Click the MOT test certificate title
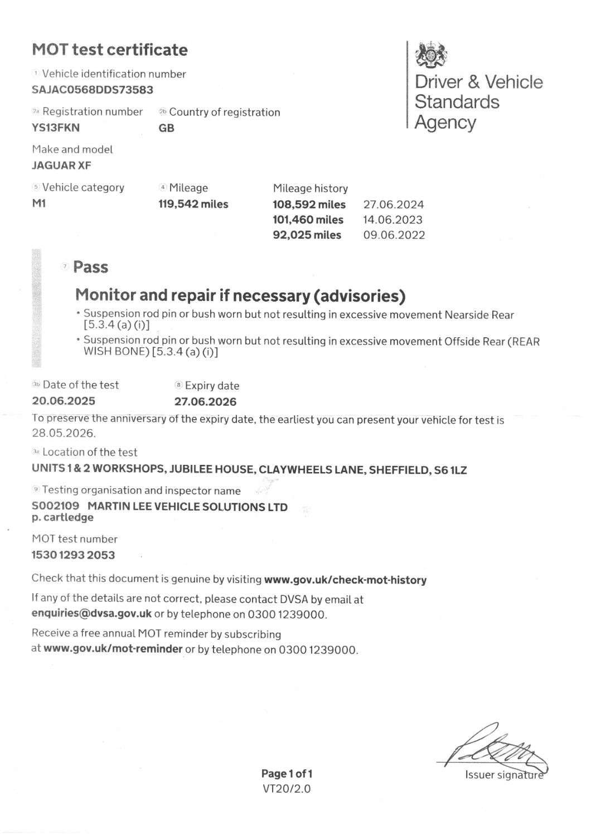[110, 50]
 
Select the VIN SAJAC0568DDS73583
[93, 89]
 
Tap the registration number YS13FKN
[56, 127]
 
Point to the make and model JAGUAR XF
[61, 165]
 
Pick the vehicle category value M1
[39, 203]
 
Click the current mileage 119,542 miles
[193, 204]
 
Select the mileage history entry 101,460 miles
[308, 220]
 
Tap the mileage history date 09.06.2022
[394, 235]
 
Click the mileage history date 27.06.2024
[394, 205]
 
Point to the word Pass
[90, 267]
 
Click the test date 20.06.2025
[64, 401]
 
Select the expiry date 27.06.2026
[205, 401]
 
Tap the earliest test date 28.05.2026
[64, 433]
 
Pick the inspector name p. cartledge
[62, 517]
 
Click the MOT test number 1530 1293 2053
[73, 555]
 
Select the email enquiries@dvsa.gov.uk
[91, 614]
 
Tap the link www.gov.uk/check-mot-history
[345, 580]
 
